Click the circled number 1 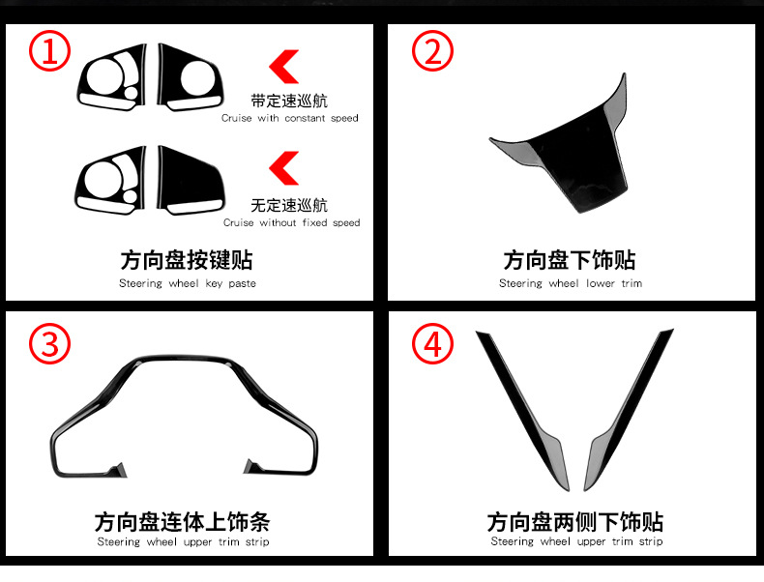click(x=48, y=50)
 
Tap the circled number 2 click(x=432, y=50)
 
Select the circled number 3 click(x=48, y=343)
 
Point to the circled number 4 click(x=432, y=343)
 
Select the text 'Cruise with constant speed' click(x=289, y=118)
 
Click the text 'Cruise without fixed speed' click(x=291, y=222)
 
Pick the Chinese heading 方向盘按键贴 click(x=189, y=260)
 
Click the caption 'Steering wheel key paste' click(x=189, y=283)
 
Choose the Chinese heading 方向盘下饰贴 click(x=570, y=260)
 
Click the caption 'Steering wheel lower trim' click(x=570, y=283)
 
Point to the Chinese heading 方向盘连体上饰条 click(x=182, y=522)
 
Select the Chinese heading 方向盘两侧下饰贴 click(x=575, y=522)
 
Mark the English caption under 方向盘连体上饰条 click(x=183, y=542)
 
